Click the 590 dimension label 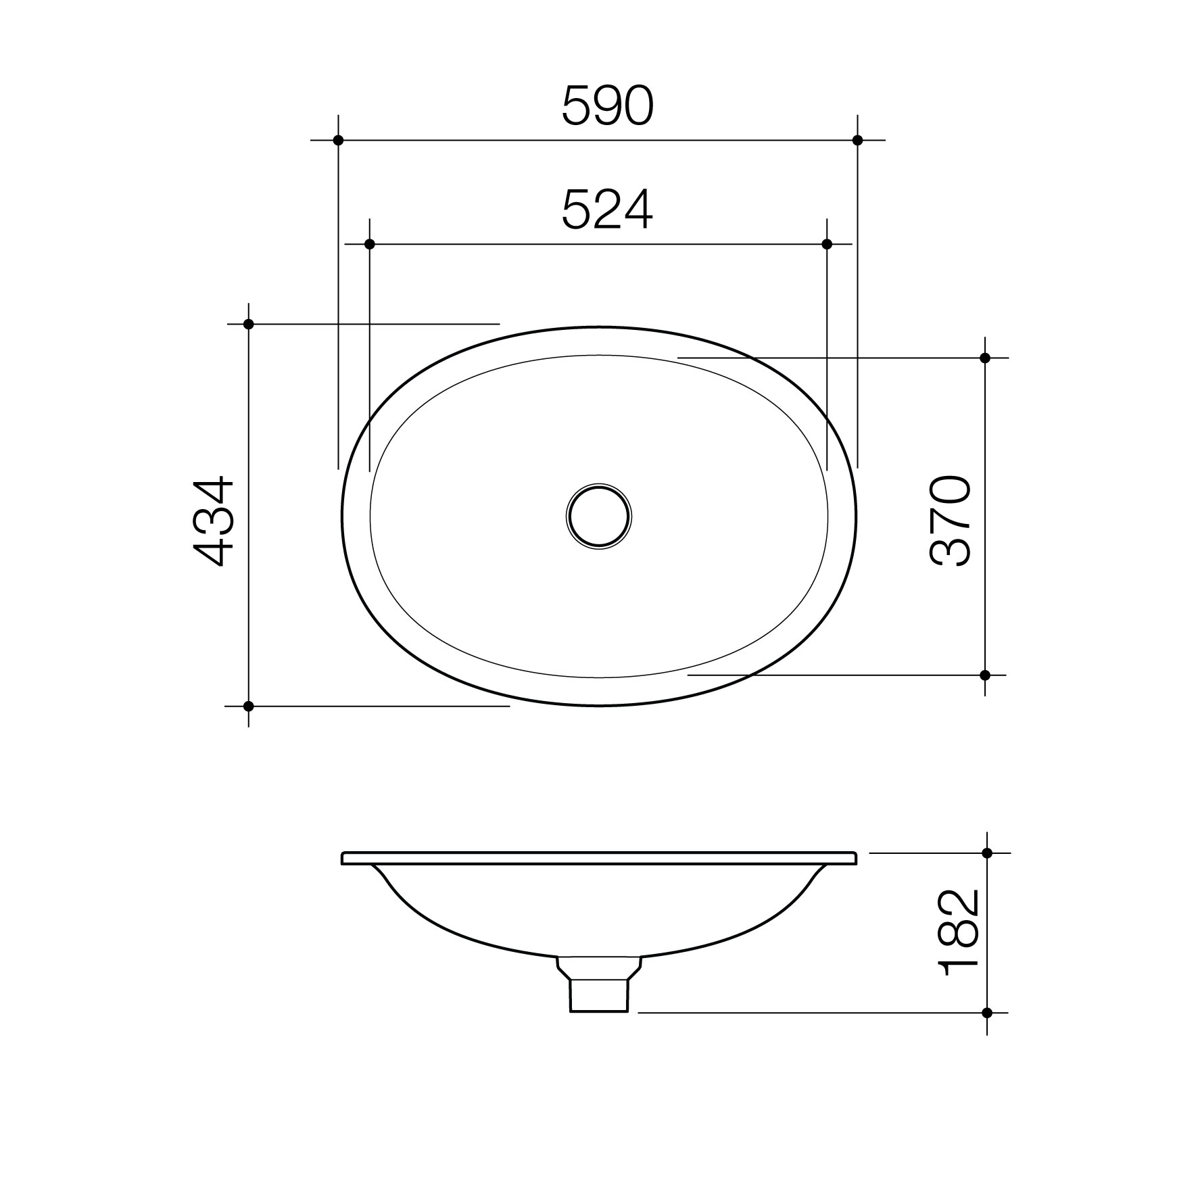pos(608,106)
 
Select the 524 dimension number pos(608,210)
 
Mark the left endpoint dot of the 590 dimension pos(338,140)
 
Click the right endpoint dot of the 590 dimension pos(857,140)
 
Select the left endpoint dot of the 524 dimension pos(369,243)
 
